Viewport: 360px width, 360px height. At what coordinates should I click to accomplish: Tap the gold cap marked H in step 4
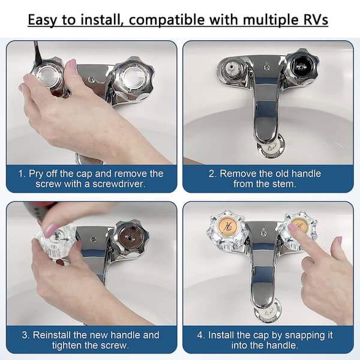click(x=228, y=226)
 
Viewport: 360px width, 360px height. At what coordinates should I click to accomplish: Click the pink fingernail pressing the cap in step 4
click(x=292, y=227)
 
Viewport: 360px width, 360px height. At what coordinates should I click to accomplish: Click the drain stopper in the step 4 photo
click(x=268, y=311)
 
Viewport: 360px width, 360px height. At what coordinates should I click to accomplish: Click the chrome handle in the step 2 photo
click(x=301, y=67)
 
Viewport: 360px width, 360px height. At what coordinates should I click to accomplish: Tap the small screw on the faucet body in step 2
click(x=266, y=67)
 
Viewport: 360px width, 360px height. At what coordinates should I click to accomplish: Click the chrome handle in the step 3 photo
click(x=130, y=238)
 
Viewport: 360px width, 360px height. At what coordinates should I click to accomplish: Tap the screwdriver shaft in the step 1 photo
click(x=38, y=53)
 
